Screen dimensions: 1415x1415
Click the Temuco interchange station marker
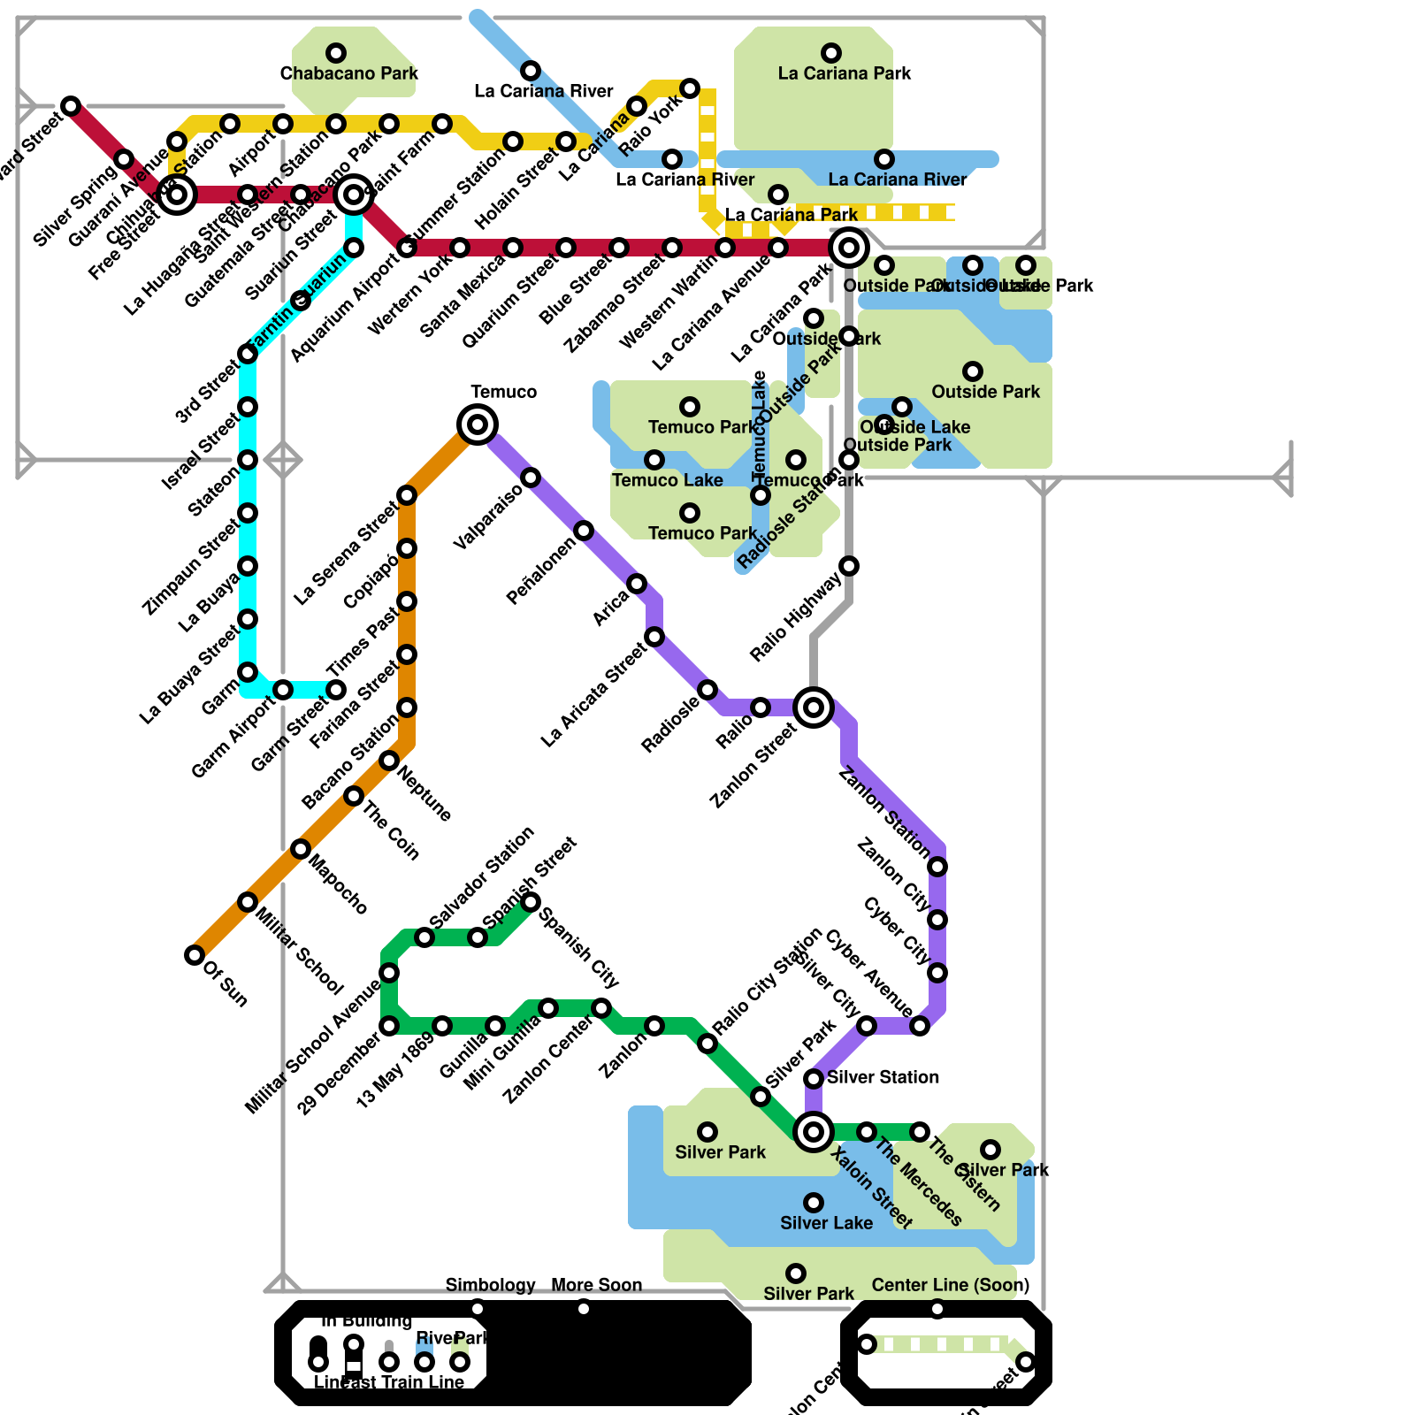[x=478, y=424]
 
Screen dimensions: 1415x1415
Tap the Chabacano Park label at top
[x=349, y=73]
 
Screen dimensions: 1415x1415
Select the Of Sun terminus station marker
[x=195, y=955]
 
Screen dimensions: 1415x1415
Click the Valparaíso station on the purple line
[x=531, y=478]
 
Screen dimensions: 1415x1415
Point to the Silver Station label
[x=883, y=1077]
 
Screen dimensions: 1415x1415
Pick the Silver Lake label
[x=826, y=1223]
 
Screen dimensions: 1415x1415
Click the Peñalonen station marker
[x=584, y=531]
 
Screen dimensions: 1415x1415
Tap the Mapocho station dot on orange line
[x=301, y=849]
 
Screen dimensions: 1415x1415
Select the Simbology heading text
[x=490, y=1285]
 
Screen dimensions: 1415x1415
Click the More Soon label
[x=596, y=1285]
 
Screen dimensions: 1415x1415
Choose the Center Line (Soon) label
[x=950, y=1285]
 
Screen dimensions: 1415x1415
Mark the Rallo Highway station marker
[x=849, y=566]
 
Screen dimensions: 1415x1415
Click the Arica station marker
[x=637, y=584]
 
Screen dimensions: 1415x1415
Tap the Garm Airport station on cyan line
[x=283, y=690]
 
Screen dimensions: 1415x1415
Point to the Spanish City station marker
[x=531, y=902]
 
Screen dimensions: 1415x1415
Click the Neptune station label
[x=425, y=793]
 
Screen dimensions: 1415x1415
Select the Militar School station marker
[x=248, y=902]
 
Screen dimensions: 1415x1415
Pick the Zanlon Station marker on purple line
[x=937, y=867]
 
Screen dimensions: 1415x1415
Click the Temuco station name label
[x=503, y=392]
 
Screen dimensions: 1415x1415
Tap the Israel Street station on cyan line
[x=248, y=407]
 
